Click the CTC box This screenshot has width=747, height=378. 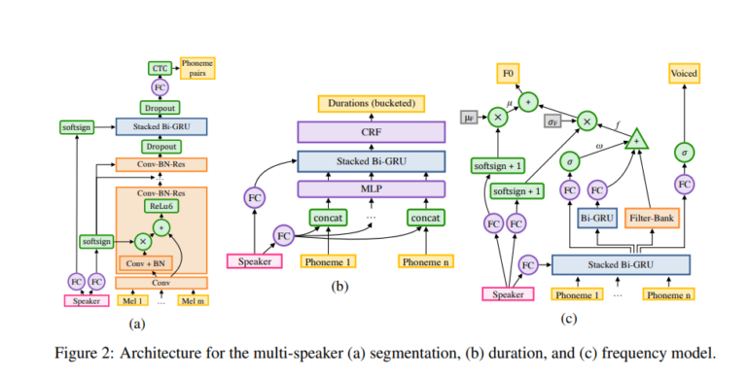click(160, 68)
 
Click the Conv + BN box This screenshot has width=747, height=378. click(146, 262)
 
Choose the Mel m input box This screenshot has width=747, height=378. click(195, 300)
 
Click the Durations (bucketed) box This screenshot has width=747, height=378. click(367, 103)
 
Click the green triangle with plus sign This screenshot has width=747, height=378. click(637, 139)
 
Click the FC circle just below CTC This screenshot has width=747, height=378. click(160, 87)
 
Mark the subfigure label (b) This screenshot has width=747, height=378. click(340, 288)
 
